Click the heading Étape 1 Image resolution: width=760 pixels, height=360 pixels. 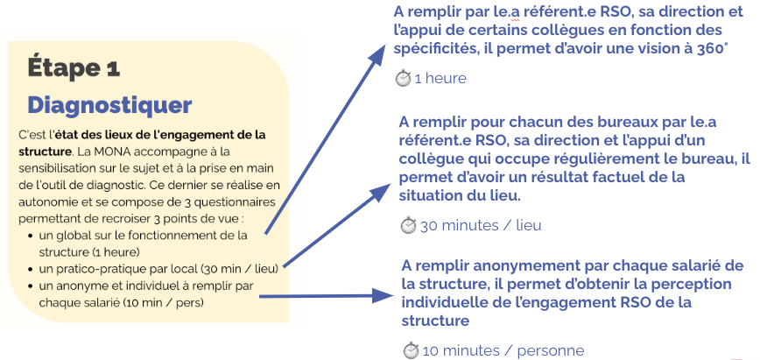click(x=74, y=67)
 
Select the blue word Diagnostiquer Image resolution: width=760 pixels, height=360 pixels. click(x=109, y=105)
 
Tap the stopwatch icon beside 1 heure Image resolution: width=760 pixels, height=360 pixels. click(x=403, y=78)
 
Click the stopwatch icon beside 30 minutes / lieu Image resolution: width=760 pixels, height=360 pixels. click(x=408, y=225)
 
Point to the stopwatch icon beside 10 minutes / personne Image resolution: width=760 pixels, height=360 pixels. click(x=411, y=349)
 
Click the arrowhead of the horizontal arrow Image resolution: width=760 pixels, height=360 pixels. click(x=382, y=295)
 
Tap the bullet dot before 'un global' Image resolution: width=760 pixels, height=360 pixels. click(x=31, y=236)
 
